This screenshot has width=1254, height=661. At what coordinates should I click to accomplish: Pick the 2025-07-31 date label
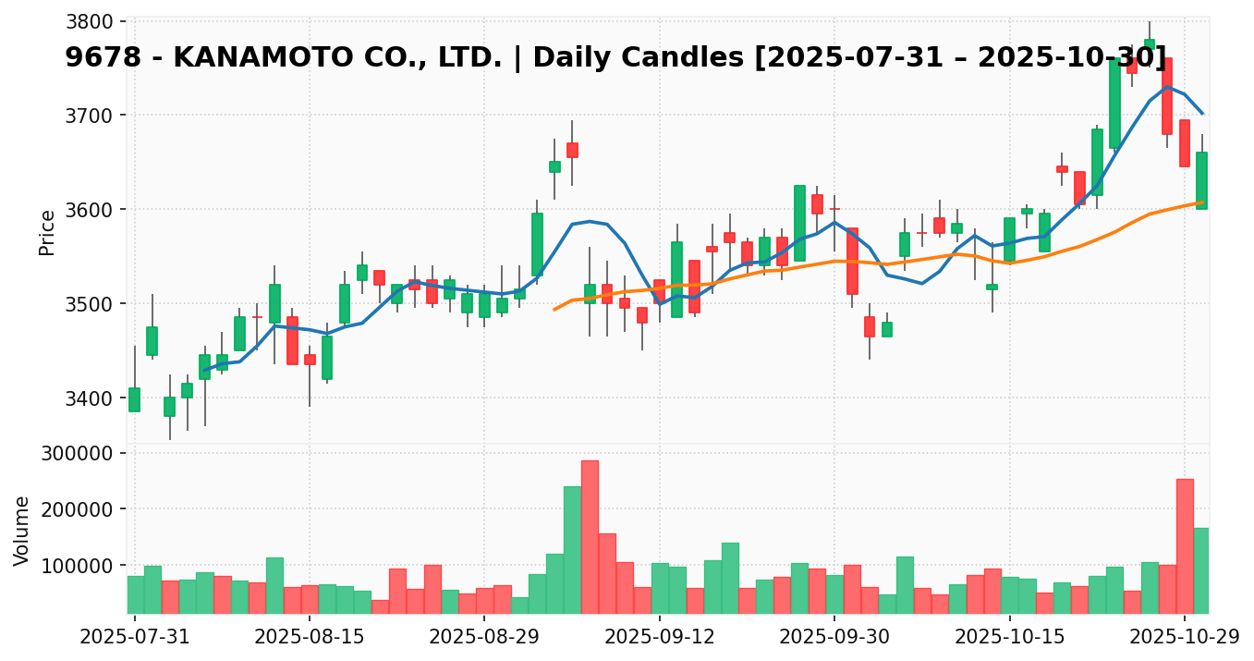[x=135, y=637]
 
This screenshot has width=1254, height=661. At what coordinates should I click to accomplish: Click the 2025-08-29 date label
[x=484, y=637]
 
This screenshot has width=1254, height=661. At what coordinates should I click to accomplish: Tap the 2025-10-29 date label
[x=1185, y=637]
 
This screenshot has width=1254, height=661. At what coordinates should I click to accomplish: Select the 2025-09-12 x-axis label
[x=659, y=637]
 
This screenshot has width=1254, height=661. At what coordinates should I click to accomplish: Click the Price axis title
[x=47, y=232]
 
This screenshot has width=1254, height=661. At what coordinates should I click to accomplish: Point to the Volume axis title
[x=22, y=531]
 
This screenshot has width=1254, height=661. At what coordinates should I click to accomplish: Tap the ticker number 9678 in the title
[x=103, y=57]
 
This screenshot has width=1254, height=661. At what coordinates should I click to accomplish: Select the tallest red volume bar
[x=590, y=536]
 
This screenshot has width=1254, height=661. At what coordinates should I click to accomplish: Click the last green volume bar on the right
[x=1201, y=570]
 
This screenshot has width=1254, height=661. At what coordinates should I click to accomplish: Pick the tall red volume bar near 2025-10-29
[x=1185, y=545]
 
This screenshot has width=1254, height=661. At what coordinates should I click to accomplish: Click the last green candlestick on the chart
[x=1201, y=180]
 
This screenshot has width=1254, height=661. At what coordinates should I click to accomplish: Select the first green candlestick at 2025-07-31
[x=135, y=399]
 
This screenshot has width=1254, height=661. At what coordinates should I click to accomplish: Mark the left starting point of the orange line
[x=554, y=309]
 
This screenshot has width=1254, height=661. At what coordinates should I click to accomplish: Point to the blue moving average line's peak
[x=1167, y=87]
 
